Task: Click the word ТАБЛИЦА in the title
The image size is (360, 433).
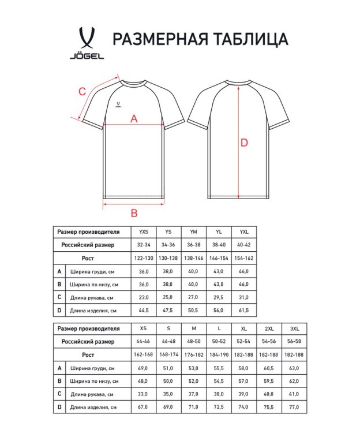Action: pos(250,39)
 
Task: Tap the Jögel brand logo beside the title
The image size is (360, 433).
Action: pos(87,43)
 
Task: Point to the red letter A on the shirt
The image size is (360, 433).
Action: pos(134,118)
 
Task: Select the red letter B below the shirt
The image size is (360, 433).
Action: pos(134,212)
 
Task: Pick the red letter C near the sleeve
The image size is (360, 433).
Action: pos(82,90)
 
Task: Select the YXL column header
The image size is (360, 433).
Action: pos(243,232)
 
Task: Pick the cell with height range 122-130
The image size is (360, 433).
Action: pos(144,257)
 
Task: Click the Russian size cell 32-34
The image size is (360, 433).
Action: pos(144,245)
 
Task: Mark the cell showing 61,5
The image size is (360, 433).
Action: pos(243,310)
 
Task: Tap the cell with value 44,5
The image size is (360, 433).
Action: pos(144,310)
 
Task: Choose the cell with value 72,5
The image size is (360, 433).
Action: pos(219,408)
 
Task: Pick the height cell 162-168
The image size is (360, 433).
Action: pos(144,354)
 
